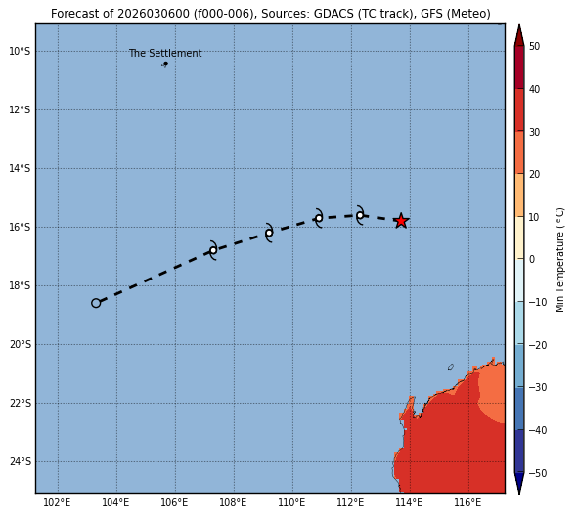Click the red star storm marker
pyautogui.click(x=401, y=221)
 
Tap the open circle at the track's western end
pyautogui.click(x=96, y=303)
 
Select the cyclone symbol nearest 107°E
pyautogui.click(x=213, y=250)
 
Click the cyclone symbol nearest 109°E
pyautogui.click(x=269, y=233)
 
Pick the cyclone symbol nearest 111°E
pyautogui.click(x=319, y=218)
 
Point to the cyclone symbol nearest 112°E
pyautogui.click(x=360, y=215)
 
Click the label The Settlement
pyautogui.click(x=165, y=53)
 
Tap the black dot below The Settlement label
pyautogui.click(x=166, y=64)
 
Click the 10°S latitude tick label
pyautogui.click(x=20, y=51)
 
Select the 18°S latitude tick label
pyautogui.click(x=20, y=285)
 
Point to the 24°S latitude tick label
pyautogui.click(x=20, y=462)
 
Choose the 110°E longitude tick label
pyautogui.click(x=291, y=502)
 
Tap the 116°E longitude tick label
pyautogui.click(x=467, y=502)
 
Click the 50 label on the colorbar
pyautogui.click(x=535, y=46)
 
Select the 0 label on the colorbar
pyautogui.click(x=532, y=259)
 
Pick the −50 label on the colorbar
pyautogui.click(x=538, y=473)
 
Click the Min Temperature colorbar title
pyautogui.click(x=559, y=260)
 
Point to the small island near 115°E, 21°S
pyautogui.click(x=451, y=366)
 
